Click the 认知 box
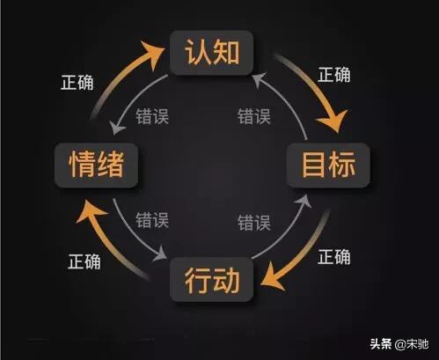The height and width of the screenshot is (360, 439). point(211,53)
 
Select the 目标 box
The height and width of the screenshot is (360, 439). point(328,165)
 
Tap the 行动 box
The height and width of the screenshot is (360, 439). point(211,279)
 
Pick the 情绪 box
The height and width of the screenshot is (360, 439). point(96,165)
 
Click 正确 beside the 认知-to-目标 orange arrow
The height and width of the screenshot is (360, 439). point(334,75)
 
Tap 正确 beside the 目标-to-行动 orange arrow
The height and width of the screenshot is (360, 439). point(334,257)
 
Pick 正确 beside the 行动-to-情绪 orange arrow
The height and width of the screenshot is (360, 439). point(84,261)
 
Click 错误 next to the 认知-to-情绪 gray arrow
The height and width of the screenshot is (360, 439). point(152,116)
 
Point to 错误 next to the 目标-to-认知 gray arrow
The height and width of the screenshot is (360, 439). point(254,116)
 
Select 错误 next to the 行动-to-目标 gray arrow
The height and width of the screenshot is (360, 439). point(254,223)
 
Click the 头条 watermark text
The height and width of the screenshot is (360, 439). point(381,344)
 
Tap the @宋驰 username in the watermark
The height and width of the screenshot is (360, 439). point(412,344)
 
